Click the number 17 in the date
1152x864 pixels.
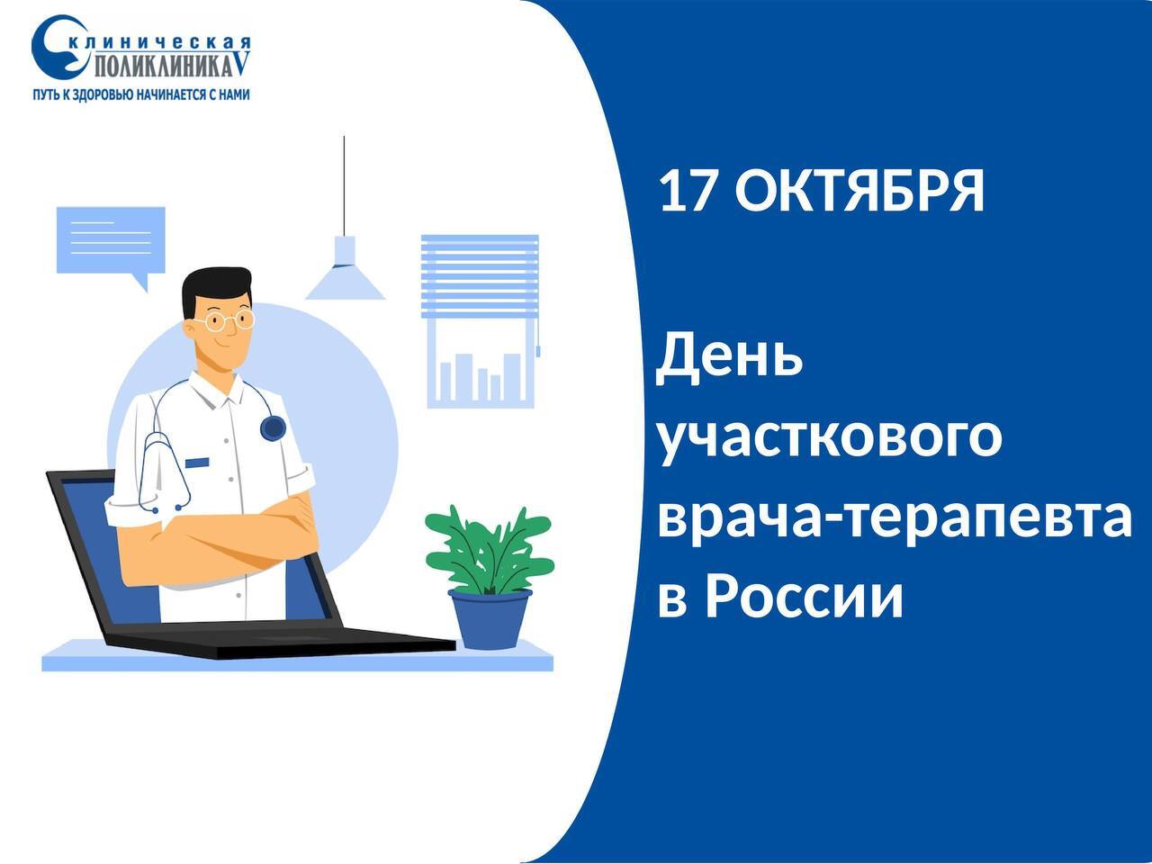(688, 191)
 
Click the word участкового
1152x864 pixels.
(829, 438)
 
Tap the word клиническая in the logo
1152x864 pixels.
(160, 42)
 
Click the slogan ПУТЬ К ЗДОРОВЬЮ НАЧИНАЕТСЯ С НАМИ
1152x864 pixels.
(141, 94)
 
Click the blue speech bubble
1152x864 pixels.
(111, 243)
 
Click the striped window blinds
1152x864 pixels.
(480, 276)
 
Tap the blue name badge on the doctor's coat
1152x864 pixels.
(197, 463)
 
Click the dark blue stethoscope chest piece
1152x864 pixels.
(273, 428)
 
